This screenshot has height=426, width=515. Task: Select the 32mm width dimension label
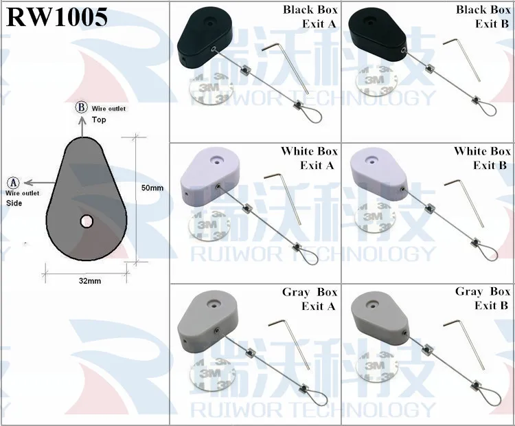(89, 281)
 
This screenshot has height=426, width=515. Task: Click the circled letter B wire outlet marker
(80, 109)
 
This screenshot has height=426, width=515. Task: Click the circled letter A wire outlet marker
(13, 183)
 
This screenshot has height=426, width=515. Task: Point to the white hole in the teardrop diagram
(87, 221)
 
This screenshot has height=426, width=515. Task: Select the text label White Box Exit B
(482, 158)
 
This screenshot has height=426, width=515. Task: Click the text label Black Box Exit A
(310, 17)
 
